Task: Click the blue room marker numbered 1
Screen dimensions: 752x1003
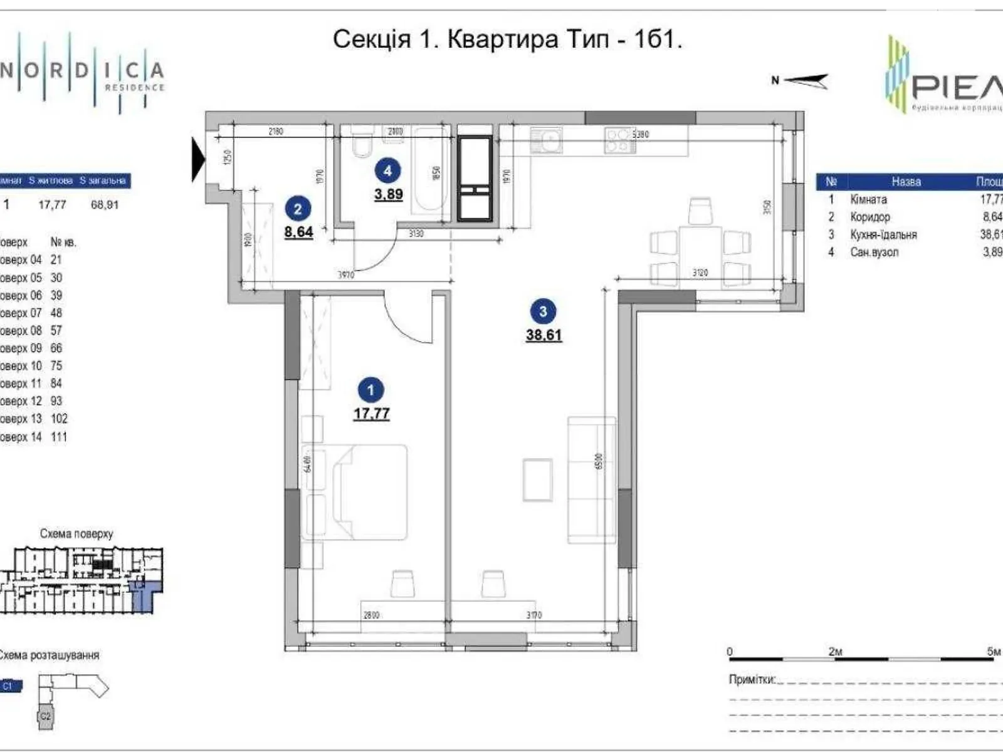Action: pos(370,390)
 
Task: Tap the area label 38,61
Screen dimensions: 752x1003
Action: pos(544,335)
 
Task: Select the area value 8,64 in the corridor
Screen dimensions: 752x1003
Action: pos(298,232)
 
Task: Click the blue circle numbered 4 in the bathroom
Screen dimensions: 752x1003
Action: pos(387,170)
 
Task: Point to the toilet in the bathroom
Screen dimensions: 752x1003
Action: pos(362,144)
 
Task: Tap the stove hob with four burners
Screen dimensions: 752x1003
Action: pos(619,140)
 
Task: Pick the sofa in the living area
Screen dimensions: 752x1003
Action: pos(591,480)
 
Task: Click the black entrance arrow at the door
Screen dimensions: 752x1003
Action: pos(198,160)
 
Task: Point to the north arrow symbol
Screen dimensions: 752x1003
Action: pos(805,80)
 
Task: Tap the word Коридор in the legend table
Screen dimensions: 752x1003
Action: pos(869,217)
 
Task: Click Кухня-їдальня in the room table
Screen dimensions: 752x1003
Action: pos(883,234)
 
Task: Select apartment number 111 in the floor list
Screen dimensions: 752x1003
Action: pos(58,437)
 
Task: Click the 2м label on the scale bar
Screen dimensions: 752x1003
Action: pos(835,652)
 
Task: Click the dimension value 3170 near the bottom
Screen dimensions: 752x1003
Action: pos(533,615)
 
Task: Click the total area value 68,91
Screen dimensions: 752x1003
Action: pos(104,204)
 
